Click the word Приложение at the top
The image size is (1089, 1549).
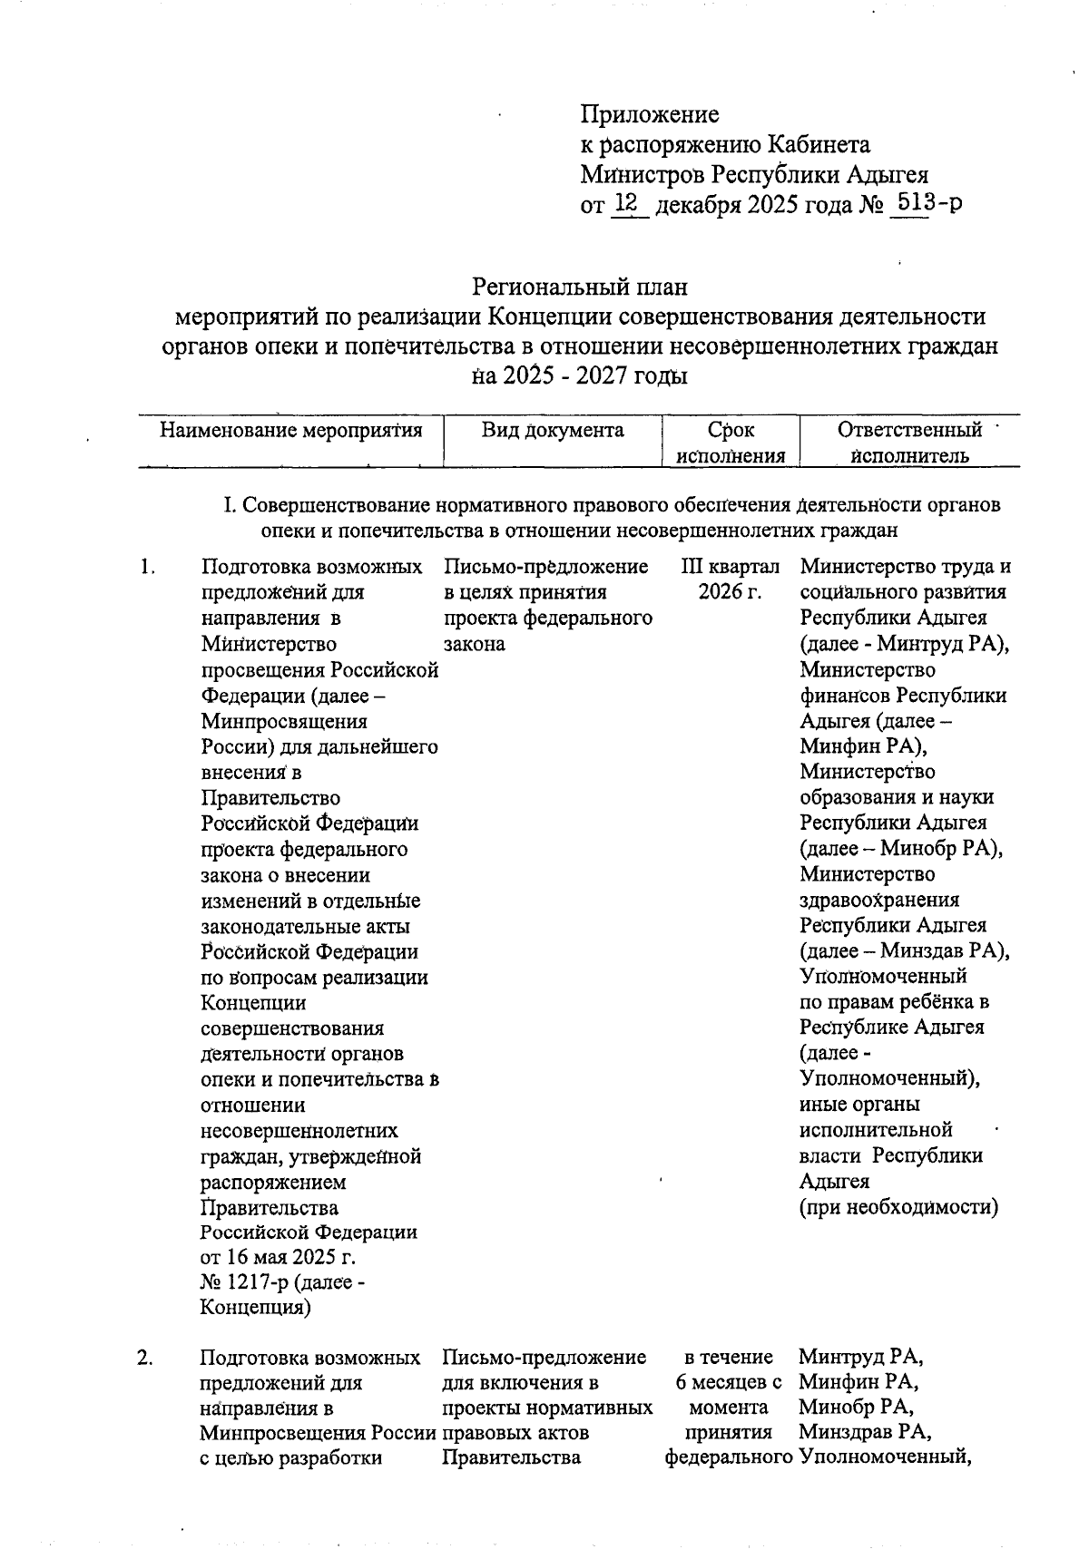click(650, 114)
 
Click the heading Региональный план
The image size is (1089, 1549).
click(580, 287)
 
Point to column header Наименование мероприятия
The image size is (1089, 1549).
click(291, 430)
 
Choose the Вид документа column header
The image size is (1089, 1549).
click(553, 430)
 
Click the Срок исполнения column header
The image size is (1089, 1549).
click(731, 443)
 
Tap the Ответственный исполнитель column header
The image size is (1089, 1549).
click(909, 443)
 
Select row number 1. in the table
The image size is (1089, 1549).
click(148, 568)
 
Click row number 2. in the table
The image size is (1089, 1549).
click(145, 1358)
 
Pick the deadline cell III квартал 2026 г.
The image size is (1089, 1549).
click(731, 580)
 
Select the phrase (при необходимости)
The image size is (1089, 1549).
click(898, 1207)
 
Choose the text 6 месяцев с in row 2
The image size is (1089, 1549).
click(730, 1383)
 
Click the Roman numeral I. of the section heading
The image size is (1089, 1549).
click(231, 504)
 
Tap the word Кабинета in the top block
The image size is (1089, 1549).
click(819, 144)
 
